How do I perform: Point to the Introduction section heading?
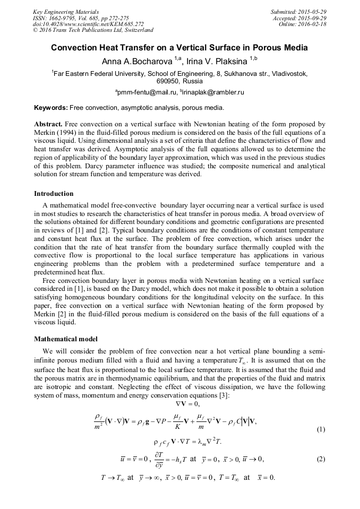click(54, 194)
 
